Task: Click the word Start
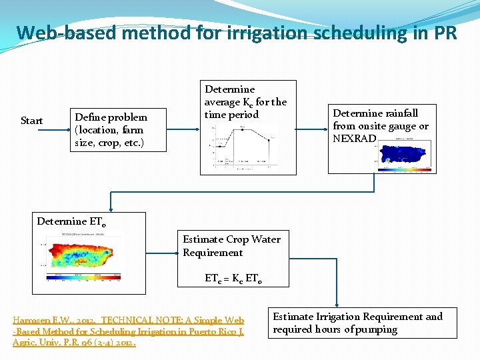pos(32,121)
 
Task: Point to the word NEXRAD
pos(355,139)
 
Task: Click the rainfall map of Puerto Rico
pos(404,152)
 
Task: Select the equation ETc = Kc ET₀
pos(233,279)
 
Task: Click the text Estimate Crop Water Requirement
pos(231,246)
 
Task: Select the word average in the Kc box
pos(222,102)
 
